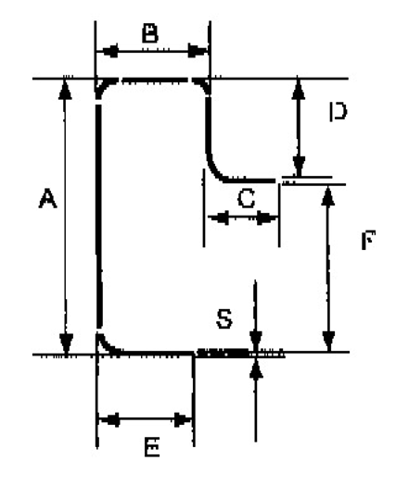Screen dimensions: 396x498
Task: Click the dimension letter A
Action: tap(47, 198)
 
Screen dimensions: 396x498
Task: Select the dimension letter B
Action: tap(150, 33)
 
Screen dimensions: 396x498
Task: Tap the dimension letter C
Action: tap(246, 198)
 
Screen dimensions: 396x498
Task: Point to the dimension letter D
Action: tap(338, 111)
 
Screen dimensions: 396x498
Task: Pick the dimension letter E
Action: tap(152, 447)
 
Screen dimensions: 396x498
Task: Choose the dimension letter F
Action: tap(368, 240)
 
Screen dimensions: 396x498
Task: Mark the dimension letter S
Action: tap(224, 318)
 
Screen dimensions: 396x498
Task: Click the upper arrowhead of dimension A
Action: tap(65, 90)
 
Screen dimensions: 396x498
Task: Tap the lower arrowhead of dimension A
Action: tap(66, 343)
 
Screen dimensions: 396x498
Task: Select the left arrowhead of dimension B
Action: tap(108, 51)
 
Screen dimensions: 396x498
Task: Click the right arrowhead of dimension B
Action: tap(198, 51)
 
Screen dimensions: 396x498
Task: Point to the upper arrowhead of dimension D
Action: tap(299, 90)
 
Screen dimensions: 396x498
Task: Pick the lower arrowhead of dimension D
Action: tap(299, 166)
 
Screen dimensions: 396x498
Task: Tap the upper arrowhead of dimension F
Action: tap(328, 196)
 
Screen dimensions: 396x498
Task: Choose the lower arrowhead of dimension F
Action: tap(329, 342)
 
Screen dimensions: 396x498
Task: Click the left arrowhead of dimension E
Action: tap(109, 419)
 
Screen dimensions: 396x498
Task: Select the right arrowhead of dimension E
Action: tap(183, 419)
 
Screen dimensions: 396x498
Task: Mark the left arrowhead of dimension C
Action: tap(218, 218)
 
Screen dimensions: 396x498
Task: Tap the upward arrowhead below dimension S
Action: tap(256, 368)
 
